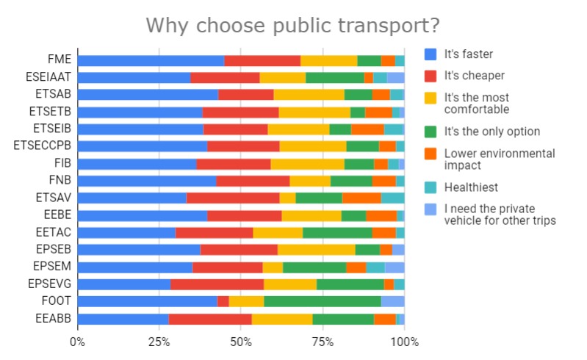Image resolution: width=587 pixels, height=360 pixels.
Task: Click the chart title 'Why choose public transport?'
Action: (292, 25)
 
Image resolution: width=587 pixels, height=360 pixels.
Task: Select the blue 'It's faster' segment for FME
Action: (151, 60)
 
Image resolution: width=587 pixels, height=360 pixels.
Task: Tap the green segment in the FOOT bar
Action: (322, 301)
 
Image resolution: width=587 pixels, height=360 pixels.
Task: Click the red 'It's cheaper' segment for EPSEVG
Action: (217, 284)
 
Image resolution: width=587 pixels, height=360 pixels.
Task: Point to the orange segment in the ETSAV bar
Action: (361, 198)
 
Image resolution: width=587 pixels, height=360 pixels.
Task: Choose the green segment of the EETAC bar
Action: (337, 233)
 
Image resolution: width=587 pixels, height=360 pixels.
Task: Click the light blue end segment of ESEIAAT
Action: (396, 77)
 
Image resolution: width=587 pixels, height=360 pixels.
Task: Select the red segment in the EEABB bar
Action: (210, 319)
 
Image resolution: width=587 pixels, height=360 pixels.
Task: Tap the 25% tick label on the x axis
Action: (159, 342)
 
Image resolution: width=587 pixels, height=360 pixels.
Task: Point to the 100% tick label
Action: (404, 342)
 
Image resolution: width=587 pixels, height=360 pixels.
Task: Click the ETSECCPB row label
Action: (43, 146)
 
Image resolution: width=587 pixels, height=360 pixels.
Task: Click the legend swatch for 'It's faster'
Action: (431, 54)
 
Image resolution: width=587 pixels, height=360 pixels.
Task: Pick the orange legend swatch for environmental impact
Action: (431, 154)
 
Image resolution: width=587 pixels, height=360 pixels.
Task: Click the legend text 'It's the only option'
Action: (491, 132)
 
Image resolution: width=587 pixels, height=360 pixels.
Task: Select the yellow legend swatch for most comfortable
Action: (431, 98)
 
